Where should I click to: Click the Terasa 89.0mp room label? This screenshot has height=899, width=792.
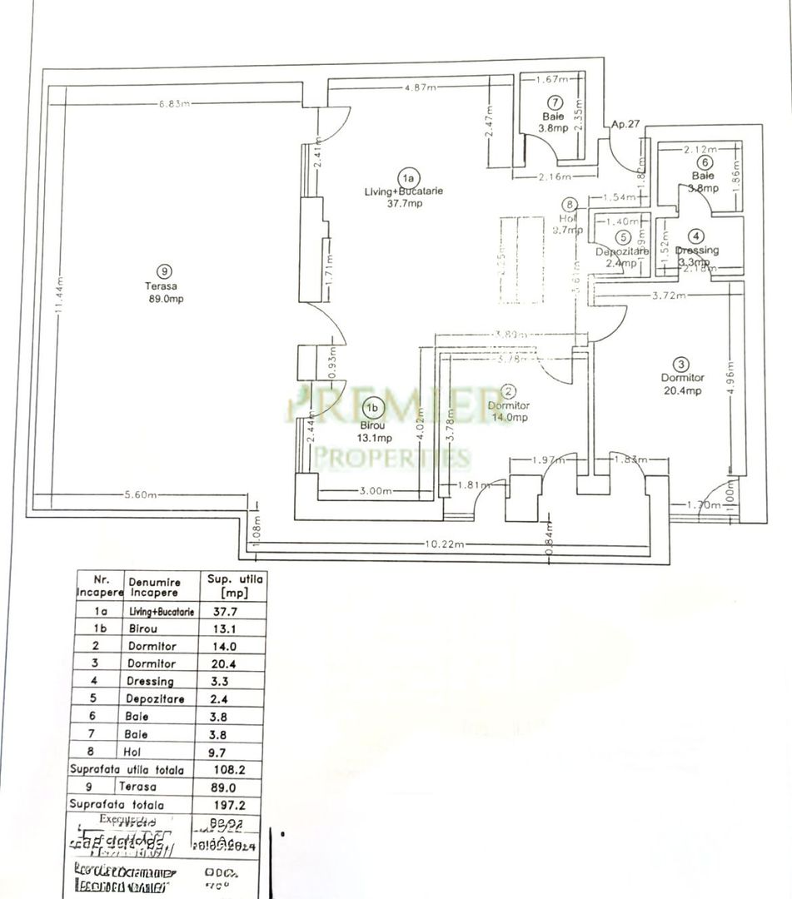tap(163, 292)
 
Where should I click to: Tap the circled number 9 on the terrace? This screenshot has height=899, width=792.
tap(163, 270)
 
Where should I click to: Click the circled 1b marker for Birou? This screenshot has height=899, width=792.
tap(374, 408)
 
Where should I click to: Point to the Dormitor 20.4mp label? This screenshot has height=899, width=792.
tap(682, 384)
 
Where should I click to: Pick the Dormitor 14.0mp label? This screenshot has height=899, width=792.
tap(509, 411)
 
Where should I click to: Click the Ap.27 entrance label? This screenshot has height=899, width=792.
tap(625, 124)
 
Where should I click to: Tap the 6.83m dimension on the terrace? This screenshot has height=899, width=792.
tap(175, 103)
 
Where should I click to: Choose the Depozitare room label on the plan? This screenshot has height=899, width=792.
tap(616, 251)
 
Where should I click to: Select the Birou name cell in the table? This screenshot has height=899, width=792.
tap(150, 628)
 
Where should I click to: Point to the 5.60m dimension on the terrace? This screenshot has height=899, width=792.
tap(141, 494)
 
